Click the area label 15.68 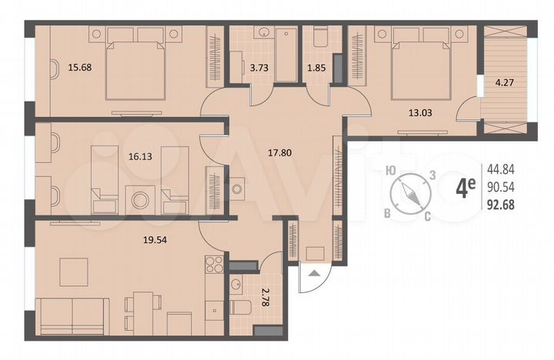(80, 67)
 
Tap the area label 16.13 (139, 155)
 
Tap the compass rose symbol (411, 193)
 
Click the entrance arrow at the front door (313, 272)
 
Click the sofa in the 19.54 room (74, 315)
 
